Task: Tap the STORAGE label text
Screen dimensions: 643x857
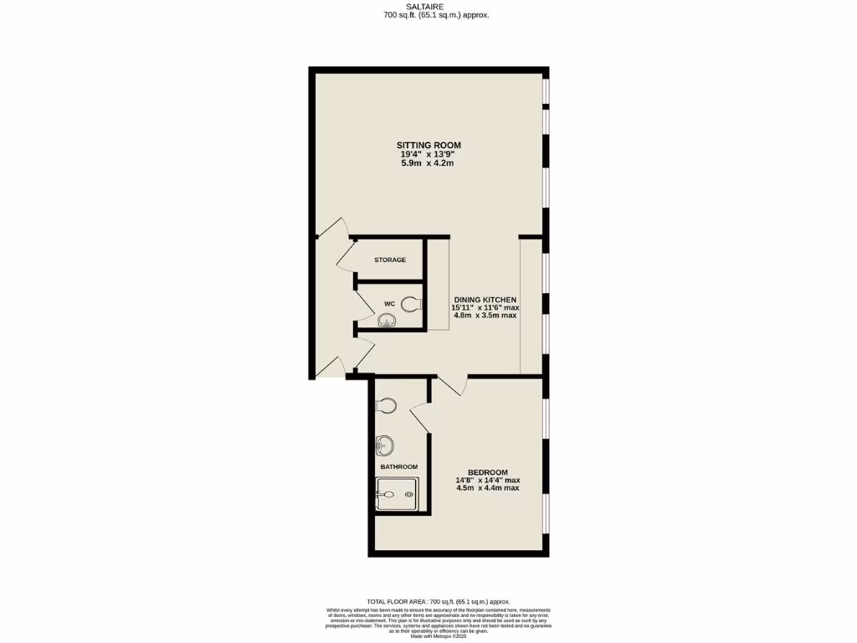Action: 390,260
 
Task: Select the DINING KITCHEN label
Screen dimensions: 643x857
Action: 485,300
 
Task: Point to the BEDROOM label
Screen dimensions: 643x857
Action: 487,472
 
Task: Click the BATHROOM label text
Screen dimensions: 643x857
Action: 398,466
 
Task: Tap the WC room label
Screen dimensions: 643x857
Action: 389,303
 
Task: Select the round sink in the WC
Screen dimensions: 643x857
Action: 387,320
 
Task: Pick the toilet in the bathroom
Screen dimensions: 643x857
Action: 385,406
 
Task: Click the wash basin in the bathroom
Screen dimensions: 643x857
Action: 384,445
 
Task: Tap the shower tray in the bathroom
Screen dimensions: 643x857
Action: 397,494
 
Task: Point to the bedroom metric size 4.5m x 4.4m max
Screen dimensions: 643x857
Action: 487,488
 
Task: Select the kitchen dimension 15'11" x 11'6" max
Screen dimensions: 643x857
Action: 485,308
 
